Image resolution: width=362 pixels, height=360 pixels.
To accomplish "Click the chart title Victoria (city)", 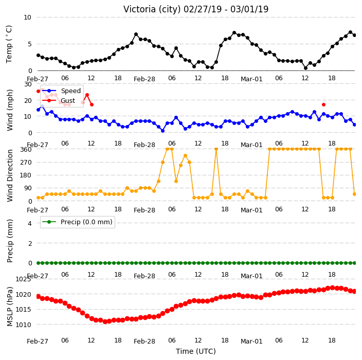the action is tap(152, 9).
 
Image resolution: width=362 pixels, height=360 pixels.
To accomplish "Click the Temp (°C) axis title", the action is tap(9, 44).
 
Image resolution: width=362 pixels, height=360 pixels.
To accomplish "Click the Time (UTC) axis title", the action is tap(196, 351).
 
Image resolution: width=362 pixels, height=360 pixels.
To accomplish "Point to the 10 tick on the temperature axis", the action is tap(27, 17).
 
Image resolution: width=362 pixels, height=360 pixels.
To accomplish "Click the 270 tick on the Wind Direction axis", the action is tap(26, 163).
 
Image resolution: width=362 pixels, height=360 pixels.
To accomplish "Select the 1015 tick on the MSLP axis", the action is tap(23, 310).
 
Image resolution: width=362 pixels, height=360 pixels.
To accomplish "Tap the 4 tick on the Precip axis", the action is tap(30, 223).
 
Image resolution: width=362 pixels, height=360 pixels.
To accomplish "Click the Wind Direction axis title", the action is tap(10, 176).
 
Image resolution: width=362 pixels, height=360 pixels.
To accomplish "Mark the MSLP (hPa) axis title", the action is tap(10, 307).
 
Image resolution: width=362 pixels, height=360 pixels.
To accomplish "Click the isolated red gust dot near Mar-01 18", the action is tap(323, 104).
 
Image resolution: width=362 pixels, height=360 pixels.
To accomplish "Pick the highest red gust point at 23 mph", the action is tap(87, 95).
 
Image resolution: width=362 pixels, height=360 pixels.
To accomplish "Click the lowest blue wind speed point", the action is tap(162, 131).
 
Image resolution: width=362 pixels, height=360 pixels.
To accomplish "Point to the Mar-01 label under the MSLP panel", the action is tap(251, 341).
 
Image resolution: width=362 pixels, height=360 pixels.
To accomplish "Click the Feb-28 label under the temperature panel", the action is tap(144, 79).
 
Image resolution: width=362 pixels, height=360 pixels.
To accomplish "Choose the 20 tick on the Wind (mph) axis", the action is tap(28, 100).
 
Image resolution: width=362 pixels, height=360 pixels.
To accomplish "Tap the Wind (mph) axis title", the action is tap(10, 111).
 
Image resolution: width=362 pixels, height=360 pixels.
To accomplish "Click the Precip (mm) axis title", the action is tap(10, 241).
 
